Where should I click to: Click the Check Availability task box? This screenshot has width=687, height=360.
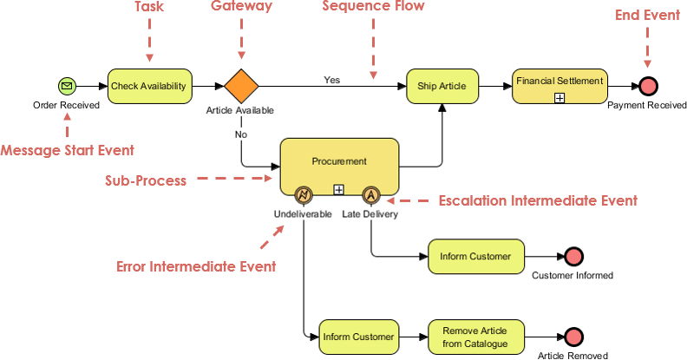[148, 86]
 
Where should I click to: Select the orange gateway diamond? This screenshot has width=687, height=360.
[241, 86]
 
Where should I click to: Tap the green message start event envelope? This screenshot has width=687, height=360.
[67, 86]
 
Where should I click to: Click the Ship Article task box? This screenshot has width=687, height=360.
[442, 86]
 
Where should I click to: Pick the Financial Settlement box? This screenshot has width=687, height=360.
[559, 86]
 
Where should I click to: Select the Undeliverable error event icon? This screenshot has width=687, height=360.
[304, 194]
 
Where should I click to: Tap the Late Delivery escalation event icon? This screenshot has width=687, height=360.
[370, 194]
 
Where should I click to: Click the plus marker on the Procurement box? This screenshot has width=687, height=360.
[339, 188]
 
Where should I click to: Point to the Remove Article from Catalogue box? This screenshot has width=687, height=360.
[474, 337]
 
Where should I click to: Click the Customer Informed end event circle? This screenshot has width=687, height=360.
[572, 257]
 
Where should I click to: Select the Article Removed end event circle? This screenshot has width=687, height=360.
[572, 337]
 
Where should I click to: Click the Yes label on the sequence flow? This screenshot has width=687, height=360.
[332, 80]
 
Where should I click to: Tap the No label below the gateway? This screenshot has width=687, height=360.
[240, 134]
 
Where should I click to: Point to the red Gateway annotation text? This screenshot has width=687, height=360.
[242, 7]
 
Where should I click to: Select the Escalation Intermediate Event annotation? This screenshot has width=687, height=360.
[538, 201]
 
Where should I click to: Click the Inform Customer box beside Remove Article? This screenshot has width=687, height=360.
[358, 337]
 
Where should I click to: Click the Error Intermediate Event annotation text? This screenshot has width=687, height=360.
[196, 266]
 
